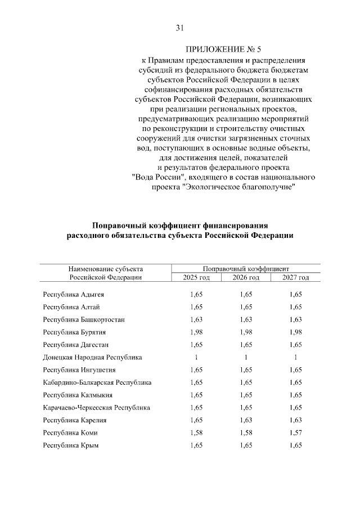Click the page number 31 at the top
click(180, 28)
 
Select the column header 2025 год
click(196, 277)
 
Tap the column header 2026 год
click(245, 277)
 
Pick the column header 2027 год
click(295, 277)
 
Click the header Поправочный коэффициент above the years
click(245, 268)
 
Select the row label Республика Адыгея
click(74, 294)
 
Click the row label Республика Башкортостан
click(84, 319)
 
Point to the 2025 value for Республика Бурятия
click(196, 332)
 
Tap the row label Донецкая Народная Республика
click(93, 357)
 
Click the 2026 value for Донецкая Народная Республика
click(246, 357)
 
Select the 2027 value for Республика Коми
click(295, 433)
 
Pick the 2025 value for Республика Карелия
click(196, 420)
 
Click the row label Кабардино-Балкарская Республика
click(97, 382)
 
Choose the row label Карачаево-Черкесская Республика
click(97, 407)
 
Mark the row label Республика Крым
click(71, 445)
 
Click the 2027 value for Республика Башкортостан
click(295, 319)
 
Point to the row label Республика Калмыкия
click(76, 395)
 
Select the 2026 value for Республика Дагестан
click(246, 345)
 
